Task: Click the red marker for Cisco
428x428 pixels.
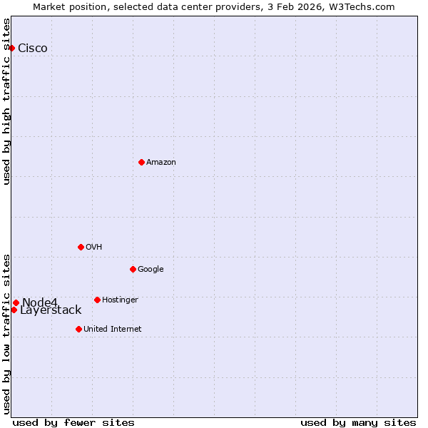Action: [x=12, y=48]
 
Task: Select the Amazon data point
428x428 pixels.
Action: [x=141, y=162]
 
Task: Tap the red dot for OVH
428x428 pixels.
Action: [x=81, y=247]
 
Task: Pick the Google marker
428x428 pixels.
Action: [x=133, y=269]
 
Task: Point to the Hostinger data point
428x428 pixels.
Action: [x=97, y=300]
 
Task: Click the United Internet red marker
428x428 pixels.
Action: [x=78, y=329]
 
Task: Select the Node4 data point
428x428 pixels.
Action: [x=16, y=302]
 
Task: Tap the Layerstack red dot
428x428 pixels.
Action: [x=14, y=310]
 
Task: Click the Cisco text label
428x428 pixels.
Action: [x=33, y=49]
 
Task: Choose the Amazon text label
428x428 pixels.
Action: [x=161, y=163]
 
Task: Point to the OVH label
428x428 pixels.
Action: [x=94, y=248]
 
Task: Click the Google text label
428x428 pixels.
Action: [x=151, y=270]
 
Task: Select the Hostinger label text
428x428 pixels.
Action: [x=120, y=300]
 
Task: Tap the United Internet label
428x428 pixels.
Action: [x=113, y=330]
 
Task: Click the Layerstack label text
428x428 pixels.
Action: [x=51, y=310]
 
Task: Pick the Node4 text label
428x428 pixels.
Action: [x=40, y=302]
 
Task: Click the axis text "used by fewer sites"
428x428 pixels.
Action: [x=73, y=422]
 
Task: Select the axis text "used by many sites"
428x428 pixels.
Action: [x=358, y=422]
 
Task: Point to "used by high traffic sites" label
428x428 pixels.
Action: [x=7, y=101]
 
